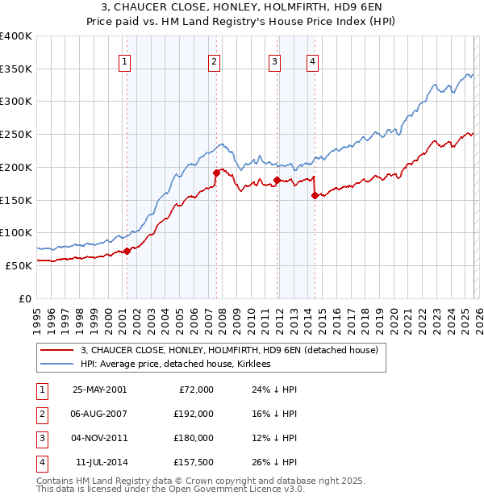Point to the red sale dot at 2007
(x=216, y=173)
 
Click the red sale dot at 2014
(x=315, y=194)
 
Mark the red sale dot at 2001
(x=127, y=251)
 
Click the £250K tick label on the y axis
(x=15, y=134)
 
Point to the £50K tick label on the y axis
(x=19, y=265)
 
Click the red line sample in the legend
(x=57, y=350)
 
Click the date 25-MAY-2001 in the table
(x=99, y=390)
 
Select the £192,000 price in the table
(x=194, y=414)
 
